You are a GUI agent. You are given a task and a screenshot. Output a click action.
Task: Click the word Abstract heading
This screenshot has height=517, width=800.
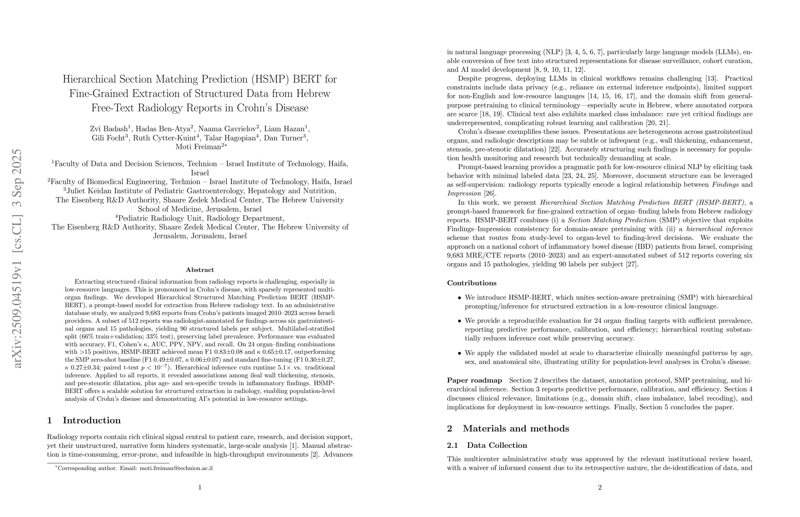tap(200, 270)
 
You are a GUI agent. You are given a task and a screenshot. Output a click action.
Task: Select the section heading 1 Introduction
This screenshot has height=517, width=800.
tap(84, 420)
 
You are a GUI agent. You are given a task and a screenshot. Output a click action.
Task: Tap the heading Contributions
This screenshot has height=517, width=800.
tap(472, 283)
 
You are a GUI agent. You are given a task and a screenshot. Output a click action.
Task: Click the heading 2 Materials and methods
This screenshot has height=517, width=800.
tap(508, 429)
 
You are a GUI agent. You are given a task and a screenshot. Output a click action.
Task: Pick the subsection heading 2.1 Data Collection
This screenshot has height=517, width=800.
tap(487, 446)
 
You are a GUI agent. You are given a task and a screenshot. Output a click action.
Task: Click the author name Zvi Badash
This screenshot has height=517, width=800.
tap(108, 129)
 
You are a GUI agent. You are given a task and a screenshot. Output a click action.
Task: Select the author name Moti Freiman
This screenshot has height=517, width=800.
tap(198, 147)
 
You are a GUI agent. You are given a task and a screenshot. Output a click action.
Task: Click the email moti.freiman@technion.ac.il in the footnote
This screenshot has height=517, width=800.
tap(176, 468)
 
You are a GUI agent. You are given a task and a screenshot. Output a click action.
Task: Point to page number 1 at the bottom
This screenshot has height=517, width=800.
tap(200, 487)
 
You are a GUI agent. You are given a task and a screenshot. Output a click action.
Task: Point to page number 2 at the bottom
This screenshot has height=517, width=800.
tap(600, 487)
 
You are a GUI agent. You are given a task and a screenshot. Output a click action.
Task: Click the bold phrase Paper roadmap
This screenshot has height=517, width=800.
tap(474, 380)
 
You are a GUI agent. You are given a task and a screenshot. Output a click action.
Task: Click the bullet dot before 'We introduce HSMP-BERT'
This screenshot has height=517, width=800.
tap(459, 298)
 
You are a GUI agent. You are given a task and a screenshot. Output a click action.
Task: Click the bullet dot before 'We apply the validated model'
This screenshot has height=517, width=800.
tap(459, 353)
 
